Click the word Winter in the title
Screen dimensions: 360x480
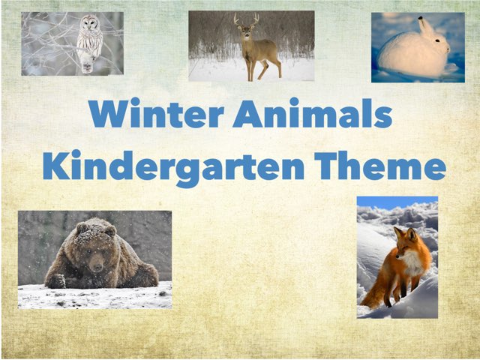[x=155, y=115]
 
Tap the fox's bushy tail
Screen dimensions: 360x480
[x=375, y=292]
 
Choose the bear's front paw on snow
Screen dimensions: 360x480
[x=56, y=281]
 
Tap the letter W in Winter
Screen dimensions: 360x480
[x=109, y=115]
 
